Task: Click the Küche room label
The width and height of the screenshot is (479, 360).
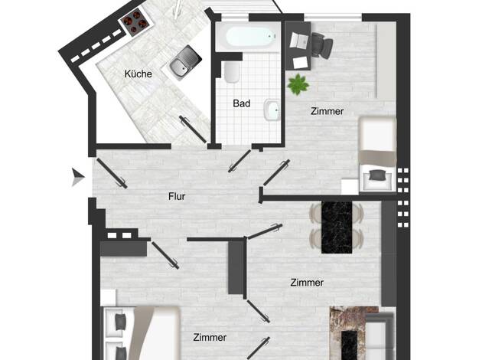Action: (x=138, y=74)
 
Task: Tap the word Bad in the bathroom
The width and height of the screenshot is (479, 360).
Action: (x=241, y=103)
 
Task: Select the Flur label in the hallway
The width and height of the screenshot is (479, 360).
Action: (x=177, y=196)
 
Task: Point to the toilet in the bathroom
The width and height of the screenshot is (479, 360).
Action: (x=232, y=72)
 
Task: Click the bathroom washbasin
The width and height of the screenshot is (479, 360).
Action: (x=272, y=110)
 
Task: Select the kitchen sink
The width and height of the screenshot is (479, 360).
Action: (x=183, y=64)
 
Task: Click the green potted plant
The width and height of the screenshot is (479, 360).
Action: (x=298, y=83)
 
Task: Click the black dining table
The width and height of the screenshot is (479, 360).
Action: (x=337, y=227)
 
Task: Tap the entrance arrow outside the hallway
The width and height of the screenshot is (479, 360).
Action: (x=78, y=177)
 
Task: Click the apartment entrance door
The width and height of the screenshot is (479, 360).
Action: (x=112, y=173)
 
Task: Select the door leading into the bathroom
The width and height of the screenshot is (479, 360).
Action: (x=239, y=161)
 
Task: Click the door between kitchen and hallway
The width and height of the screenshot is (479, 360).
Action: (x=193, y=129)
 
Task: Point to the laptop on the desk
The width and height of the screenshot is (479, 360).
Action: (x=298, y=41)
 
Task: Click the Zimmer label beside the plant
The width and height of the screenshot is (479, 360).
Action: (x=327, y=111)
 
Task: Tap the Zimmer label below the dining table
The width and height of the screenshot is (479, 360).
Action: (x=307, y=283)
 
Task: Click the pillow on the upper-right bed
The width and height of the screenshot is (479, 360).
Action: (x=376, y=175)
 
